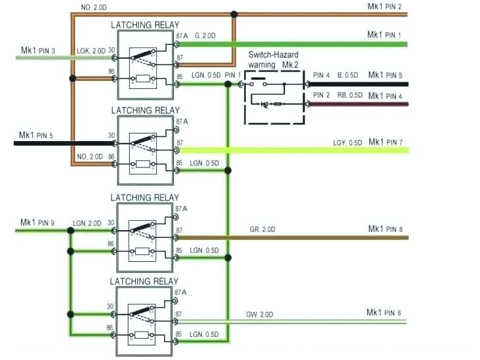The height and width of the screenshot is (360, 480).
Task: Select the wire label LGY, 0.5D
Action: (x=347, y=143)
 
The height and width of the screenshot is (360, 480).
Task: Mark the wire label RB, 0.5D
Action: (x=349, y=96)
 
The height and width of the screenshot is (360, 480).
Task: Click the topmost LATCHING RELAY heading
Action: (x=144, y=25)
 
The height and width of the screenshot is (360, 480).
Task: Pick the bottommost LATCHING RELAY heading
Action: (x=144, y=282)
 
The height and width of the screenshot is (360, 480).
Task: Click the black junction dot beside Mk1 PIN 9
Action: (x=70, y=230)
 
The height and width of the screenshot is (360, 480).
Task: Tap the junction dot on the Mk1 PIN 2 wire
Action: (x=234, y=13)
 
